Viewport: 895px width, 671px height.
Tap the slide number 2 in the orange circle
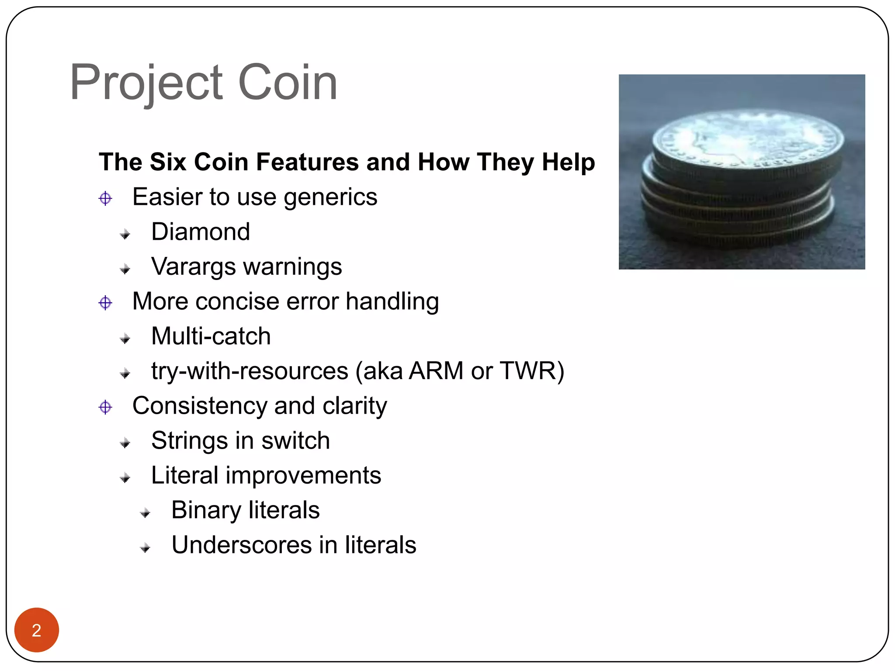click(37, 630)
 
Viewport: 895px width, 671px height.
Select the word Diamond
click(201, 232)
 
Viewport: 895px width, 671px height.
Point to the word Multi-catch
click(211, 336)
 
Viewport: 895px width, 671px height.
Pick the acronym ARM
click(436, 371)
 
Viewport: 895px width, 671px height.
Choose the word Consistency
click(199, 406)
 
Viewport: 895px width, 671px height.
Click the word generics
click(330, 197)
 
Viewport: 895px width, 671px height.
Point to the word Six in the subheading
click(168, 162)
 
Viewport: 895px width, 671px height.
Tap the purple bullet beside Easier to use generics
click(105, 198)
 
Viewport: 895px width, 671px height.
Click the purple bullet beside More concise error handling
click(105, 303)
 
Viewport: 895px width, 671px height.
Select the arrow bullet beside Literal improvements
click(125, 478)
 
